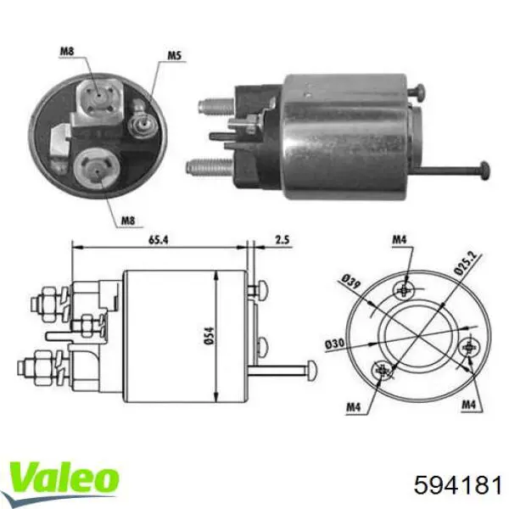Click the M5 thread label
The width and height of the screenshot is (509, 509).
(x=174, y=58)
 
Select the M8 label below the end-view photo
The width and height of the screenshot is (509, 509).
(x=126, y=221)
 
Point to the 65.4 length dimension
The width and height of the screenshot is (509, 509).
(x=159, y=242)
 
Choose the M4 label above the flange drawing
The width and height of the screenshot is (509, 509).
(x=400, y=241)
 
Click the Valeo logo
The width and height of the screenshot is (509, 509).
(x=64, y=476)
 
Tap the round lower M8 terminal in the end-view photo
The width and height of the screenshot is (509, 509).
(x=95, y=167)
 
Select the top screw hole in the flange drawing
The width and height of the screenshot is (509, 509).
(x=405, y=289)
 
